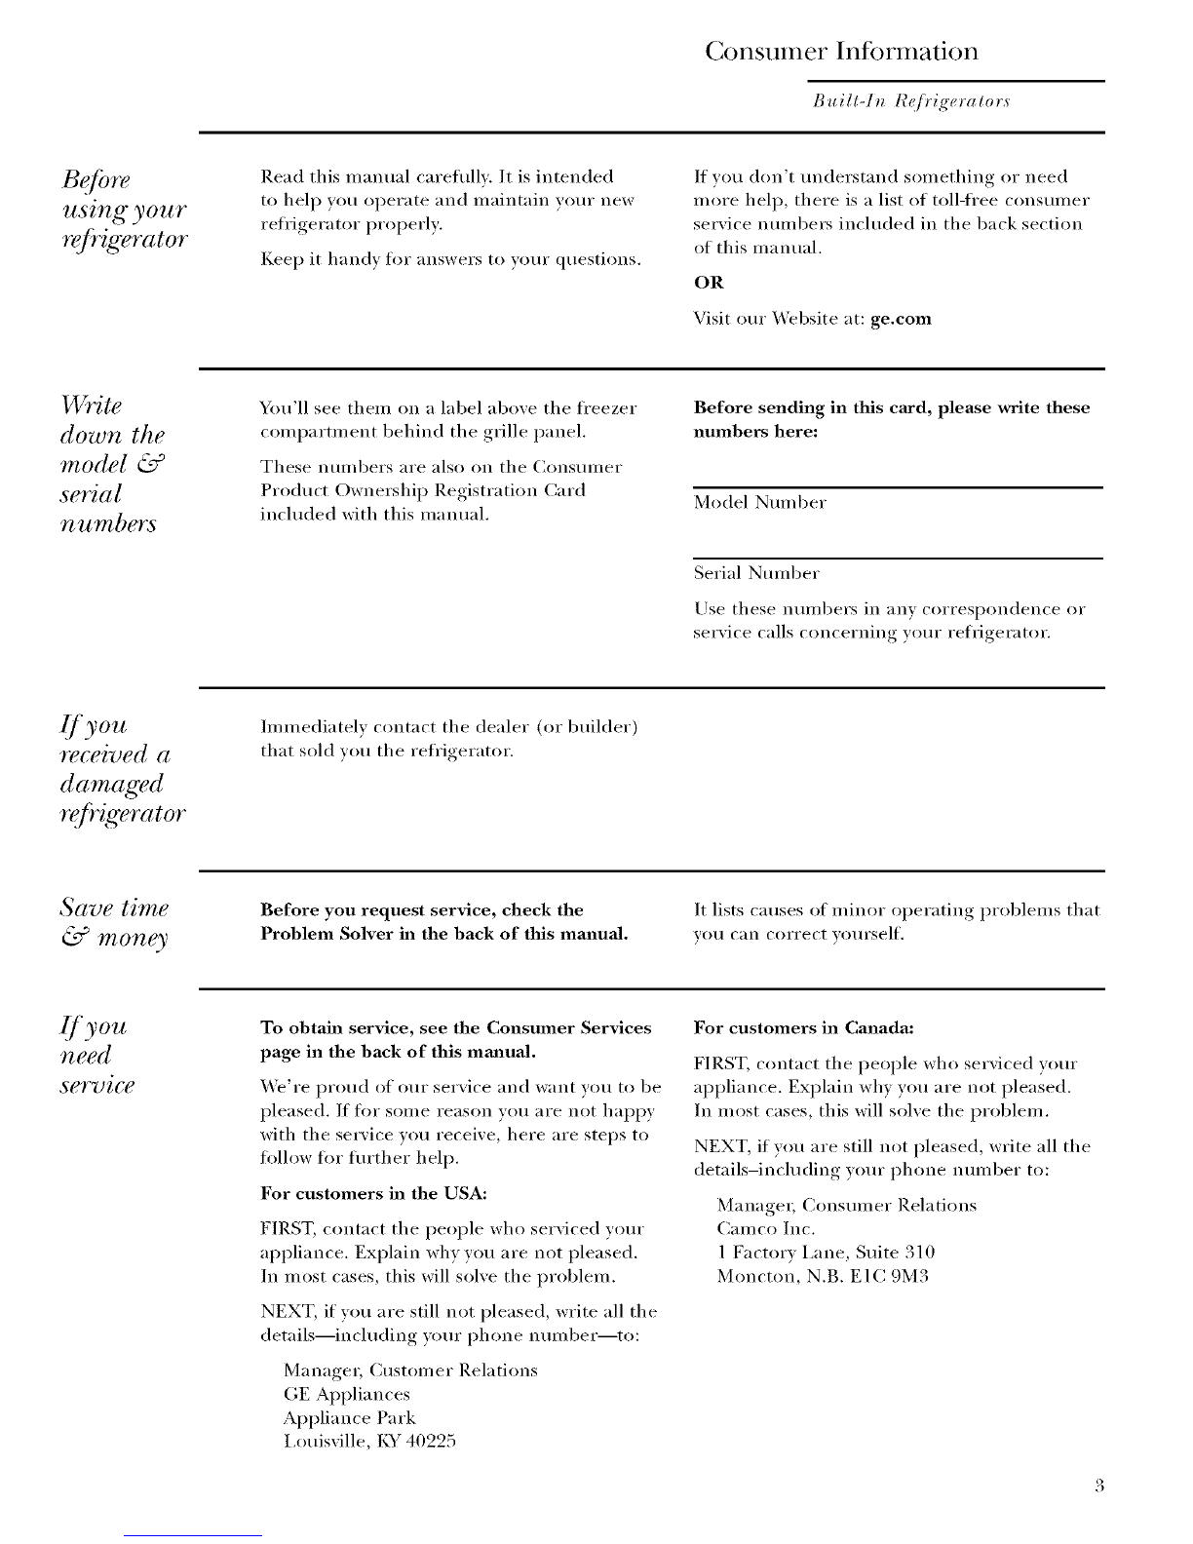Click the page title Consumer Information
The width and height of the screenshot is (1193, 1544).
pos(841,51)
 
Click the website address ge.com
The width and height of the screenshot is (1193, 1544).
pos(901,319)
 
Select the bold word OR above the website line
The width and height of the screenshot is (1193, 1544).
pos(709,283)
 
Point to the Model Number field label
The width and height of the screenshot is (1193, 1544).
pos(760,503)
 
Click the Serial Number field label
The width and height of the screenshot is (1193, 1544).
pos(756,572)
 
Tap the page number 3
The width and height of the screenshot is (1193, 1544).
pos(1097,1486)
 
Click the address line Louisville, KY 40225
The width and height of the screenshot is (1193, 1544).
pos(369,1441)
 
